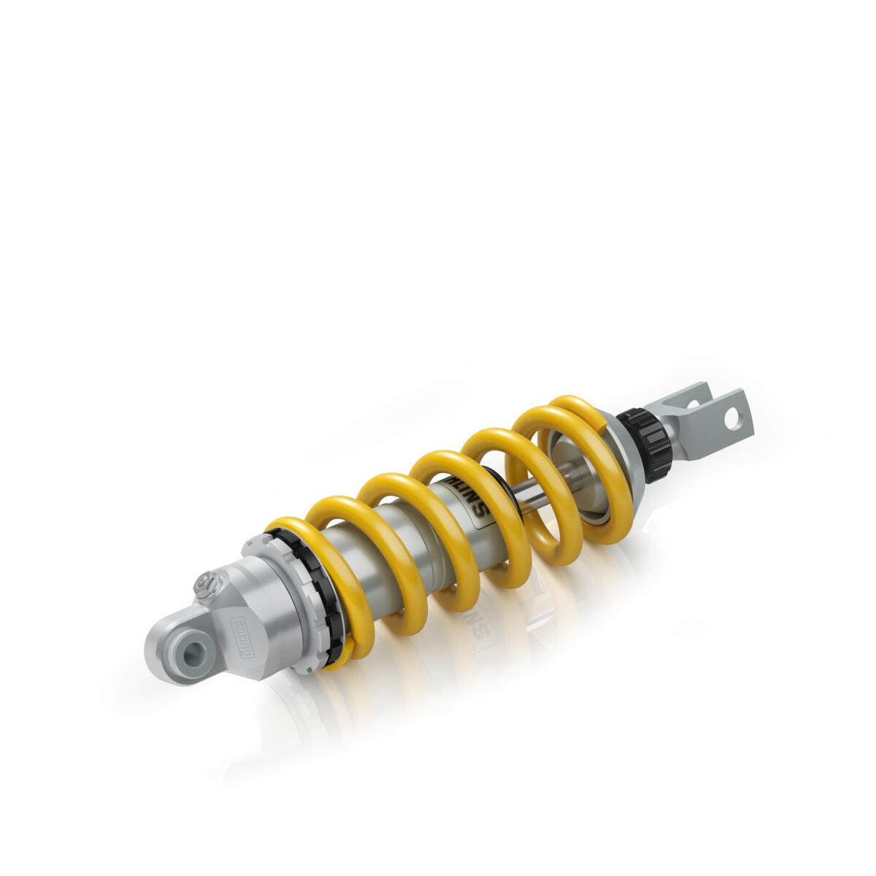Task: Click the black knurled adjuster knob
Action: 646,445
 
